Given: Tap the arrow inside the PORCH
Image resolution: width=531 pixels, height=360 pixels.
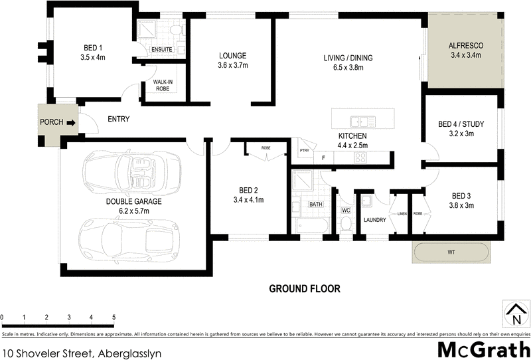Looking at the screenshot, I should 70,122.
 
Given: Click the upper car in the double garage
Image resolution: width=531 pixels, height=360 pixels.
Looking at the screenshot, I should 134,173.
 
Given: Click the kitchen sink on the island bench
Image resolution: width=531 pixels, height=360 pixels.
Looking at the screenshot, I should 364,122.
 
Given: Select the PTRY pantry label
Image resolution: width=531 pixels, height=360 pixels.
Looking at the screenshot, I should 304,151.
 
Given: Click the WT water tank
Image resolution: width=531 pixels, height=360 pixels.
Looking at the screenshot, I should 452,252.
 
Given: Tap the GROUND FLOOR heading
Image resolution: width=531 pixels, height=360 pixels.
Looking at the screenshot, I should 305,289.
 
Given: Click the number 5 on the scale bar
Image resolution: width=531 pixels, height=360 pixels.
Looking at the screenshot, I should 114,317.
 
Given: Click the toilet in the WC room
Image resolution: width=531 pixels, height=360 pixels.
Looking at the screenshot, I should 346,225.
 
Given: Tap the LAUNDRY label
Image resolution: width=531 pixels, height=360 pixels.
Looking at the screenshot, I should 374,220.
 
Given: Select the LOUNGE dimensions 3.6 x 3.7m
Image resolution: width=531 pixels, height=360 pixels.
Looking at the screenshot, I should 232,66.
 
